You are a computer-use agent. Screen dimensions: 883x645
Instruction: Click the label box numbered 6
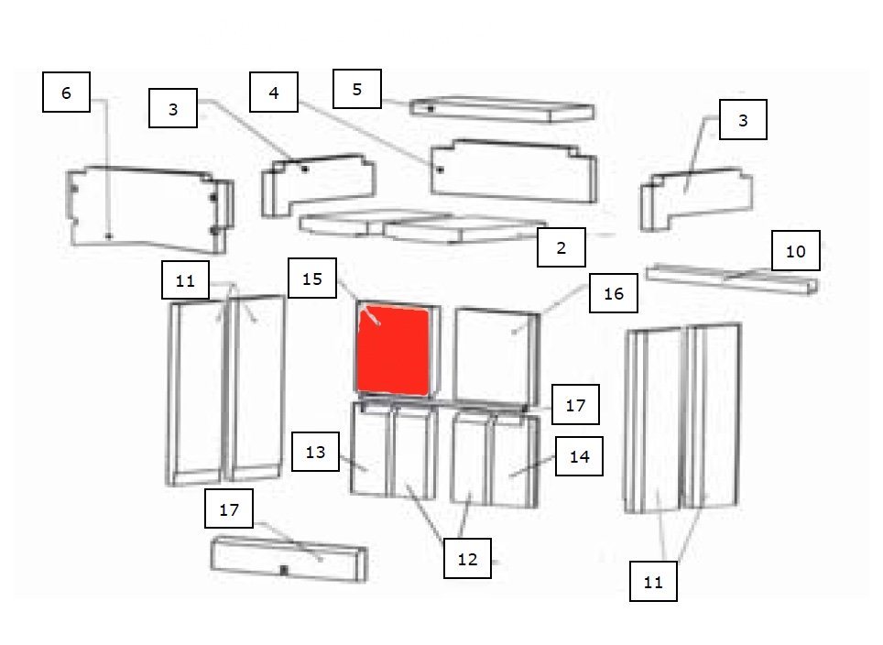tap(67, 92)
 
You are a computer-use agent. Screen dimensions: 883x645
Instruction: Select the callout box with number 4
tap(274, 92)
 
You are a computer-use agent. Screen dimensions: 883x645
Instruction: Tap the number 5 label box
tap(357, 89)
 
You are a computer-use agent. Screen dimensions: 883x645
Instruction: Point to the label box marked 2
tap(561, 247)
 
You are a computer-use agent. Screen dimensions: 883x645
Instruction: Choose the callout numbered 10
tap(796, 251)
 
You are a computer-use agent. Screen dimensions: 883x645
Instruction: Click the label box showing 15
tap(312, 279)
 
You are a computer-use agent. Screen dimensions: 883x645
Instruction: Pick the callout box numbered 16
tap(614, 293)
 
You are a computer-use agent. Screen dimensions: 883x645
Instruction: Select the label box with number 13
tap(315, 452)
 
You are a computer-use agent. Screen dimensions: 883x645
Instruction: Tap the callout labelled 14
tap(580, 456)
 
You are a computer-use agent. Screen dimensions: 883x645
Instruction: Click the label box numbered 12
tap(467, 558)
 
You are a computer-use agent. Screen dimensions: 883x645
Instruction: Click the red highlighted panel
tap(393, 350)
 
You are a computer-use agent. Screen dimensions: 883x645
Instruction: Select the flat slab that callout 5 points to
tap(502, 109)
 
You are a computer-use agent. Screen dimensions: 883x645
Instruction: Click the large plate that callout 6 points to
tap(149, 209)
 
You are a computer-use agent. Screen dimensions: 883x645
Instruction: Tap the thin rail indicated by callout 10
tap(732, 279)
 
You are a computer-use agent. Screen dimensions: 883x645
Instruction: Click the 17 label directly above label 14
tap(575, 404)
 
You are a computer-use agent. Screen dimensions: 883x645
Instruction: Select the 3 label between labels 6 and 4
tap(173, 108)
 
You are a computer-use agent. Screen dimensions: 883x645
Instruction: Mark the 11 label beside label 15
tap(185, 280)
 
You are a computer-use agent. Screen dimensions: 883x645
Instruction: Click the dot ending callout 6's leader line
tap(109, 236)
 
